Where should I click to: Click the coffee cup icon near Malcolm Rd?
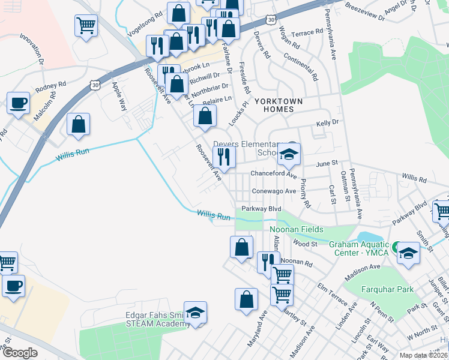18,102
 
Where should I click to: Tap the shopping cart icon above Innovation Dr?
86,25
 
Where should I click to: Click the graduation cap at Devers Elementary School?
289,155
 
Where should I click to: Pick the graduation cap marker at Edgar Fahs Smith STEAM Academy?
195,313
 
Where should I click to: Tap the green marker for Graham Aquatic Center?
395,247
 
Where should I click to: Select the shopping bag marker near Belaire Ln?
205,116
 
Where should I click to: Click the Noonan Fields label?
296,230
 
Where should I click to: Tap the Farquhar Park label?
387,289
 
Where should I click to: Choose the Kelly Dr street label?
328,122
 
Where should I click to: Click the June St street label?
328,163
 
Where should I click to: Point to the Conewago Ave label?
274,191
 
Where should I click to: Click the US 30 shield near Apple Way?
95,86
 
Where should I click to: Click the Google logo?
20,353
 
